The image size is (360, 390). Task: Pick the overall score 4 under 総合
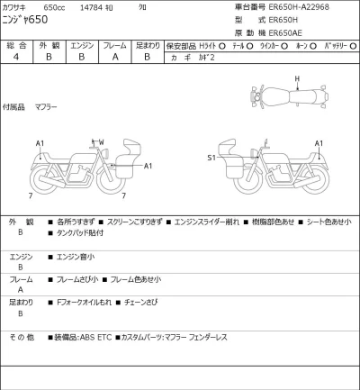tap(17, 56)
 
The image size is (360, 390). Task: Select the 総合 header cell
tap(17, 43)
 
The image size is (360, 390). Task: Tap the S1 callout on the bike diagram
tap(212, 158)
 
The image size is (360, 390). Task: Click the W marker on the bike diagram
tap(102, 142)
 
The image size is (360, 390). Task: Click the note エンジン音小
tap(76, 256)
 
